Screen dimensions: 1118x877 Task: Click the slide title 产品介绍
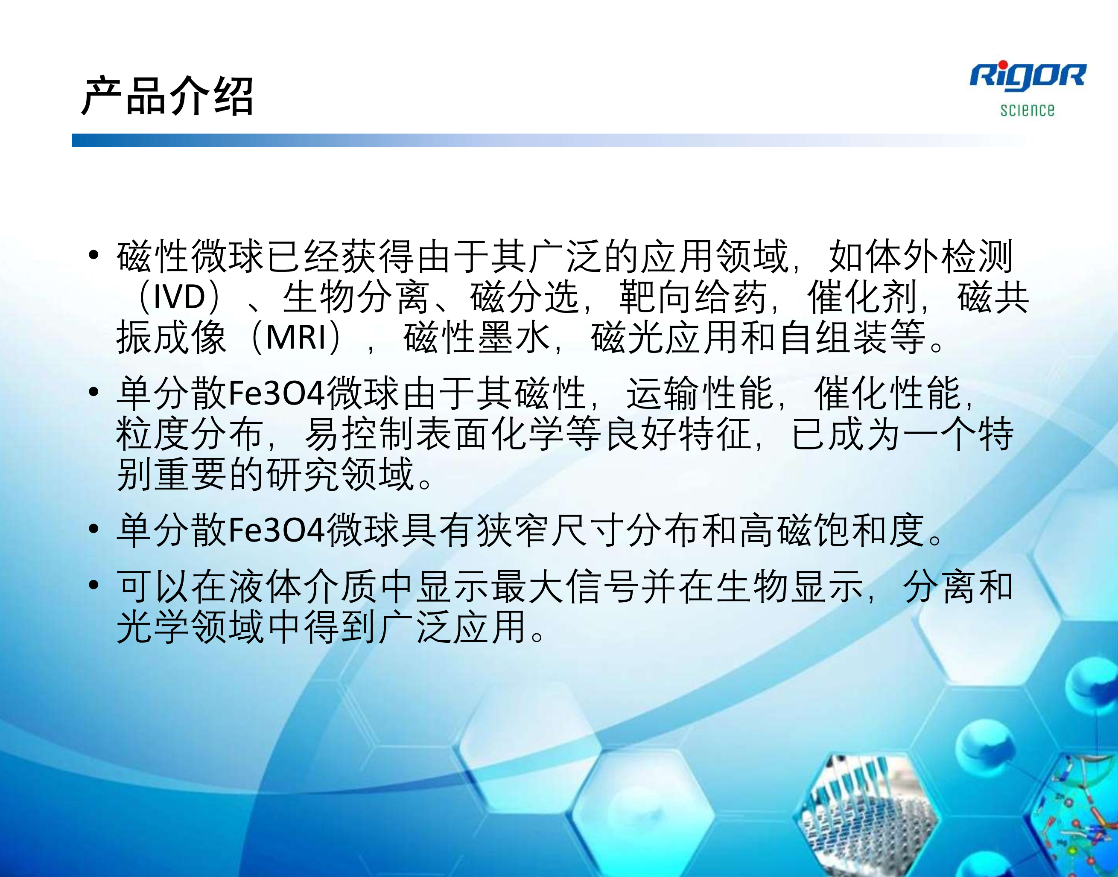click(x=167, y=96)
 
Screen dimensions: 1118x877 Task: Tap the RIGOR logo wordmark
click(x=1028, y=76)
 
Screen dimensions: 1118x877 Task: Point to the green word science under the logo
click(x=1027, y=109)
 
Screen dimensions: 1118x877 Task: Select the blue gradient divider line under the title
click(x=549, y=140)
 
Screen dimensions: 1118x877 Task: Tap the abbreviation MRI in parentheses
click(x=296, y=337)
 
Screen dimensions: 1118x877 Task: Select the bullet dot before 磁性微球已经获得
click(x=93, y=255)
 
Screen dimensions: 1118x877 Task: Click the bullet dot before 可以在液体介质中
click(x=93, y=585)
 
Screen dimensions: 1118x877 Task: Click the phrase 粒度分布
click(x=190, y=434)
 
